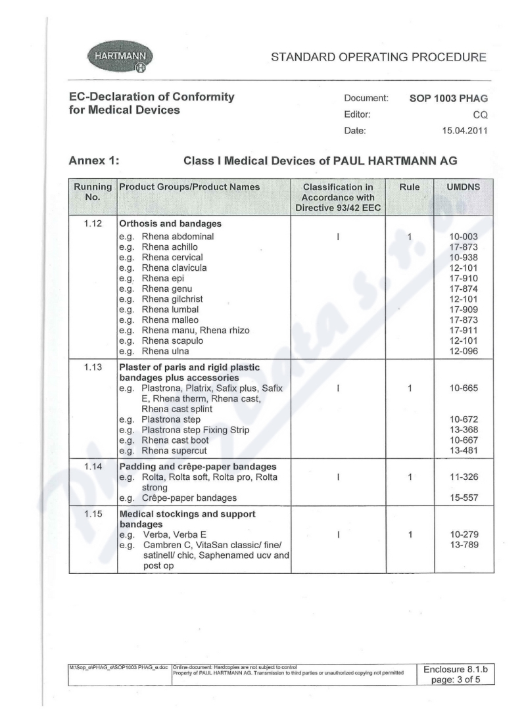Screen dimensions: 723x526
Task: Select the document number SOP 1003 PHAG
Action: coord(448,99)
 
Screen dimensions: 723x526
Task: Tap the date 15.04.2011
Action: coord(464,131)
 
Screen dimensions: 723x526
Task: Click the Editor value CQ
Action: coord(480,115)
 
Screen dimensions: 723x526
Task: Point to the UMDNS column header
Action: coord(463,187)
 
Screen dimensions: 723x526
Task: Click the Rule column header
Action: coord(409,187)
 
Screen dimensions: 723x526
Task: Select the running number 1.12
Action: coord(93,223)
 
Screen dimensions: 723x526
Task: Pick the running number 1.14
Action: coord(93,467)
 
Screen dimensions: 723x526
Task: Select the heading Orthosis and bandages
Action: coord(170,224)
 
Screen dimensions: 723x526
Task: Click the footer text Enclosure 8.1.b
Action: coord(458,669)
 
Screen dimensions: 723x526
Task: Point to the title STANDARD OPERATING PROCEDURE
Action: coord(379,57)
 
